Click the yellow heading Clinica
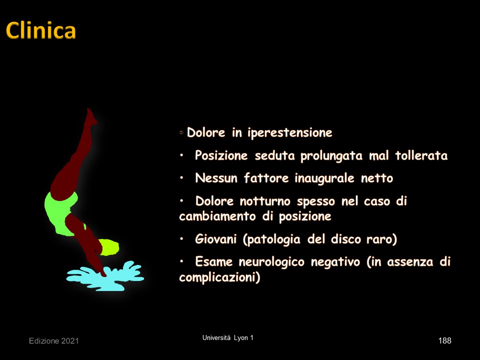40,30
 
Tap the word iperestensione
290,133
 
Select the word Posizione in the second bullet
221,155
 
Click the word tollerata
421,155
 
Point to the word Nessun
216,178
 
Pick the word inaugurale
324,178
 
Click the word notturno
265,201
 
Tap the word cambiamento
217,216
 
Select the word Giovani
216,239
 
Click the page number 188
444,340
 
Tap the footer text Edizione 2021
54,341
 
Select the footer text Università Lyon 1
228,338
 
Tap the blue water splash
105,276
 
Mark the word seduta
274,155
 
